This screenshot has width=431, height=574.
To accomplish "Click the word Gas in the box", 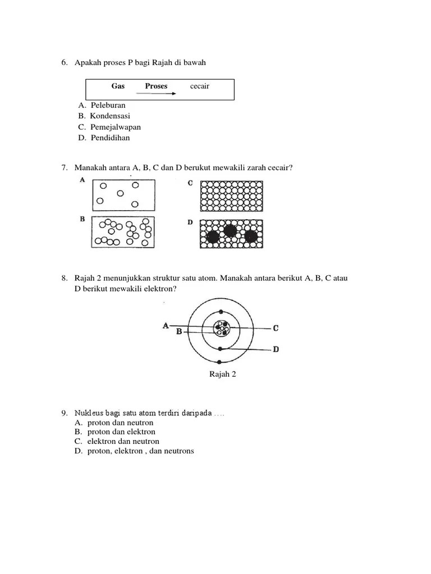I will (x=118, y=86).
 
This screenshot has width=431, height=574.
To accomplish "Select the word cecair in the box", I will (x=200, y=86).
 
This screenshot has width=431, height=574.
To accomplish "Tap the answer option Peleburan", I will (x=107, y=105).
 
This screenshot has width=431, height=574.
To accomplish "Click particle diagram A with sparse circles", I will (x=122, y=193).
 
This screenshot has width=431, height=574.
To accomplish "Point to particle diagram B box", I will (x=122, y=232).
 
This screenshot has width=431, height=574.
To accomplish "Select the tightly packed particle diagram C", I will (x=232, y=193).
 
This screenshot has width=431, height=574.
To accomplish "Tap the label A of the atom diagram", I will (x=166, y=325).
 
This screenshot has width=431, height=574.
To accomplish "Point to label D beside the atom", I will (x=276, y=350).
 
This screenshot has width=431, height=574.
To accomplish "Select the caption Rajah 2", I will (x=223, y=374).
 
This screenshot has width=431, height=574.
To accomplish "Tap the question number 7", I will (x=65, y=168).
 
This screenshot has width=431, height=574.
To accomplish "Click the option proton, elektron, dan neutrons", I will (x=140, y=451).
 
